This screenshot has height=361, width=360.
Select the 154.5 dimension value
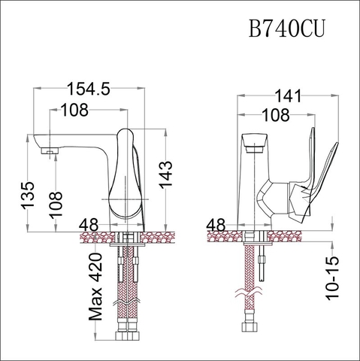click(x=89, y=89)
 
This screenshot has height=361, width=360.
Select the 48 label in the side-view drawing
click(x=89, y=224)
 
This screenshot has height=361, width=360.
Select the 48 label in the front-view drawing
click(x=216, y=224)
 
